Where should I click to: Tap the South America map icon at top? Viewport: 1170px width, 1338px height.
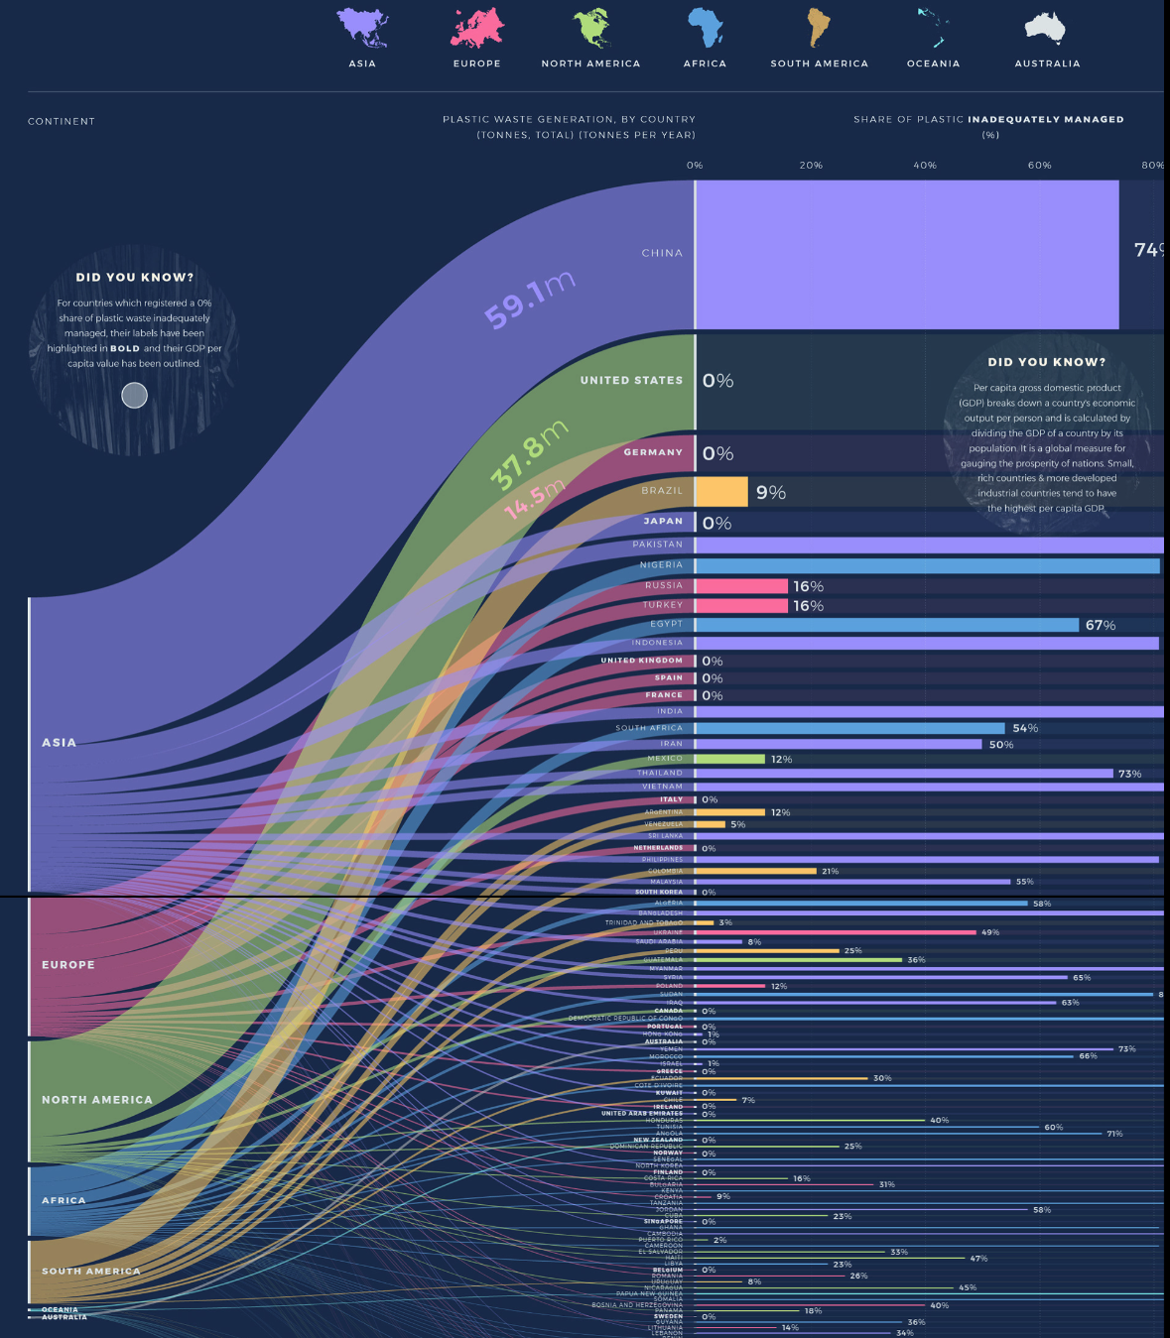coord(818,28)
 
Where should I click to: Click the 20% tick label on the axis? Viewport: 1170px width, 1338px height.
coord(811,166)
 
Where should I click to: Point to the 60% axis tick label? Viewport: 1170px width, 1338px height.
coord(1039,166)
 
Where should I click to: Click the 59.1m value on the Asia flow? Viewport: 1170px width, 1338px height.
coord(529,301)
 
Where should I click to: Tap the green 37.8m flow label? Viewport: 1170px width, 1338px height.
coord(529,454)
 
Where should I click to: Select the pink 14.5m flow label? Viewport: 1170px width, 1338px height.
coord(534,499)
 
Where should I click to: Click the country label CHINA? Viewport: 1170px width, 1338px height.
coord(662,253)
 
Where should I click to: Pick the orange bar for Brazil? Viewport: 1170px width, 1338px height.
coord(721,492)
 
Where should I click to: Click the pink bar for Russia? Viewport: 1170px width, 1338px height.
coord(741,586)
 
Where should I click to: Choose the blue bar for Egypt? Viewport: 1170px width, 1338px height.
coord(886,625)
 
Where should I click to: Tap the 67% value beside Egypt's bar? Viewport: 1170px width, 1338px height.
coord(1101,625)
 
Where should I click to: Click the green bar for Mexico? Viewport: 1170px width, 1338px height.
coord(730,759)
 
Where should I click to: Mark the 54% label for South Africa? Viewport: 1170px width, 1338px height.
coord(1025,728)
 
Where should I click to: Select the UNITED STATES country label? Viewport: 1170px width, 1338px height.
coord(631,380)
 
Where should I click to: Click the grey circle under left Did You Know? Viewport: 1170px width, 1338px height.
coord(134,396)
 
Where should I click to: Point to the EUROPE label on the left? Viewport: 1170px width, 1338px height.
coord(68,964)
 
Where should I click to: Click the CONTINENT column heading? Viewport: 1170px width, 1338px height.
coord(62,121)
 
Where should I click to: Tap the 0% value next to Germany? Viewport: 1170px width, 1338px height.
coord(717,453)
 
